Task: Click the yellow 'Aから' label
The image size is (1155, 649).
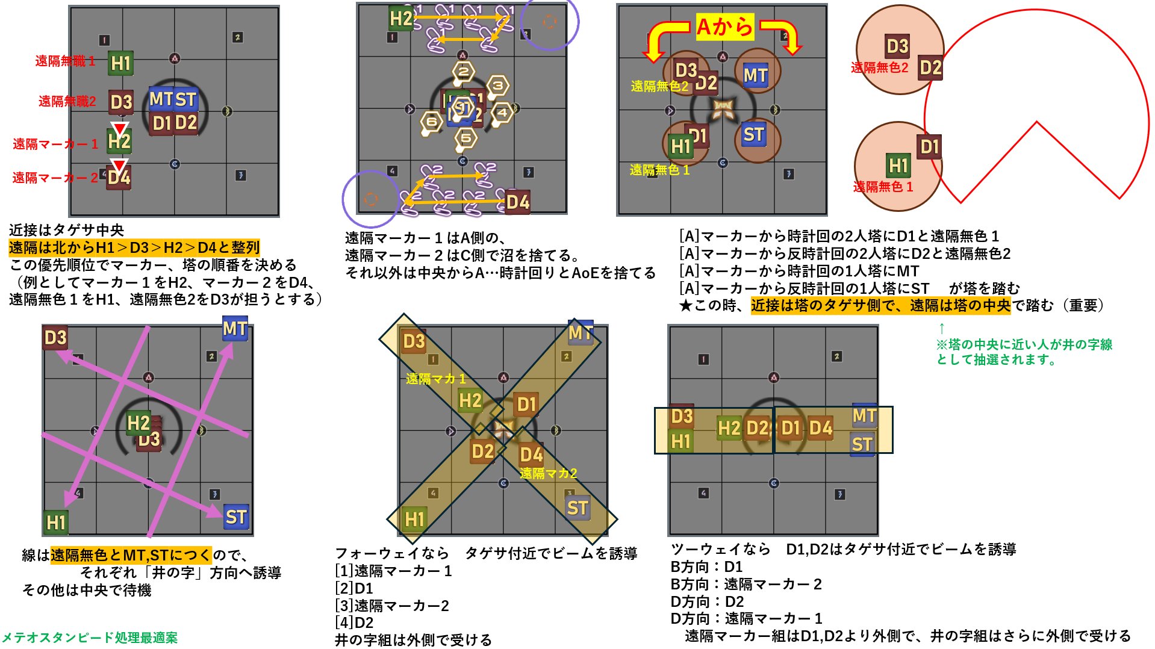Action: (724, 27)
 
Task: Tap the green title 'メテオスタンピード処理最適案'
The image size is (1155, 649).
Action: (90, 638)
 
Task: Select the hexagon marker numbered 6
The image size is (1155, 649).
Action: (431, 122)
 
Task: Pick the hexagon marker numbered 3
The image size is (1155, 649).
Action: (497, 85)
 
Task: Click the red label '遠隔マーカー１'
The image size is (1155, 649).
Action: (55, 144)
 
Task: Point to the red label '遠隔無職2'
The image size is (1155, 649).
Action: (67, 101)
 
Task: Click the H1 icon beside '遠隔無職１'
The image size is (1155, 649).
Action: (120, 63)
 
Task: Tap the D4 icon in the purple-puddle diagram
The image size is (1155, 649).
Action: (517, 202)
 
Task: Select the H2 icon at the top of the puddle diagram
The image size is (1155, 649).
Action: (400, 19)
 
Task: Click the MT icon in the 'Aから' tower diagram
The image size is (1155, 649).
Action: (755, 75)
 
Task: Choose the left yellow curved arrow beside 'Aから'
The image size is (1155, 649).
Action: (662, 40)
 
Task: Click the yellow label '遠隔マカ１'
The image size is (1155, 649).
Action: (435, 379)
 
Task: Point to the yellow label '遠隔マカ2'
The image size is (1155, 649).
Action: (548, 473)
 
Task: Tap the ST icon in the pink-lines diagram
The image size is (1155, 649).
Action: (235, 517)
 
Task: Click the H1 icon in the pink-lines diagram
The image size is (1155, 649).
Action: (56, 522)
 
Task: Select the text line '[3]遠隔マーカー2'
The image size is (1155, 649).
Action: (392, 606)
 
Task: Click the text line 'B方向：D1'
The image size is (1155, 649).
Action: (706, 567)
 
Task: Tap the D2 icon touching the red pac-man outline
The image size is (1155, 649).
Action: (930, 67)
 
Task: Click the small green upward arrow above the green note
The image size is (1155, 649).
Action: (942, 329)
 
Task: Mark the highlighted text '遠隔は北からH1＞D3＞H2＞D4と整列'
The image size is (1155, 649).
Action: (134, 247)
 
